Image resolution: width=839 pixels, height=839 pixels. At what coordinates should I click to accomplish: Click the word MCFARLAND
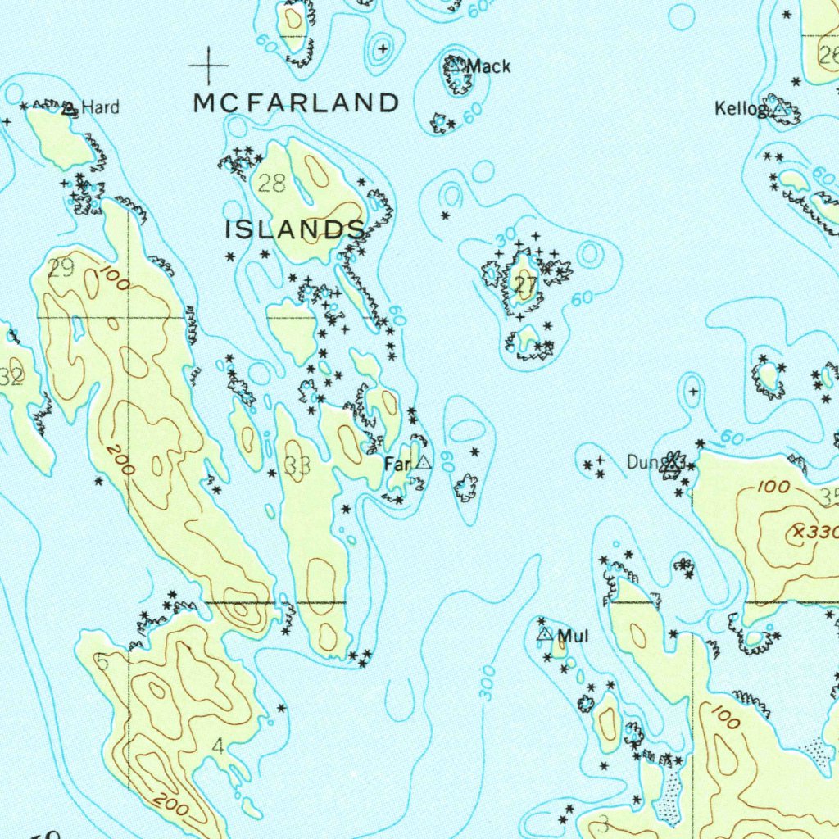tap(297, 103)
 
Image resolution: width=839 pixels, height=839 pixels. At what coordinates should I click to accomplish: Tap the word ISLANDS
tap(295, 230)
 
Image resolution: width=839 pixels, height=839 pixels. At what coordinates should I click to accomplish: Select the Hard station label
tap(101, 107)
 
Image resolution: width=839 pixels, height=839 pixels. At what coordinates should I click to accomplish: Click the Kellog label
tap(741, 109)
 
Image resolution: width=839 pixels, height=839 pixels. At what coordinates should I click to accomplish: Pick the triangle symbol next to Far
tap(423, 463)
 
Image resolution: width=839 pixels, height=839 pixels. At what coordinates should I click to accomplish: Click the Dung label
tap(643, 463)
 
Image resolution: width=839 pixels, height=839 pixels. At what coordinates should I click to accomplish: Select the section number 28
tap(272, 183)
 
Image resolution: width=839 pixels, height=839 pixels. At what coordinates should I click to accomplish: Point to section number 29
tap(61, 268)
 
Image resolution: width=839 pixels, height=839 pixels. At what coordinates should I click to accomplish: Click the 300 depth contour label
tap(488, 683)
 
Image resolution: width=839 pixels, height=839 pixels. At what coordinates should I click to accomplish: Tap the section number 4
tap(217, 746)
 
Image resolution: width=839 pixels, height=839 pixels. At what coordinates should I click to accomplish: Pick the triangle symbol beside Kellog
tap(781, 108)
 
